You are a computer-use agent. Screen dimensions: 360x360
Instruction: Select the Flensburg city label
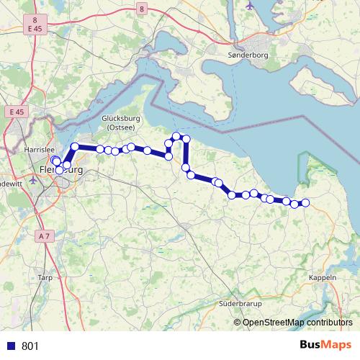coord(58,171)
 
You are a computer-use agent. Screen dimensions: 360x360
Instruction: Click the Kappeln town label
coord(322,277)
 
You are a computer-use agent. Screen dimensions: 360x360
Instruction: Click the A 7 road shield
coord(45,235)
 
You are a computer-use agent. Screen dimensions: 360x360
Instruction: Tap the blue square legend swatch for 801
coord(10,346)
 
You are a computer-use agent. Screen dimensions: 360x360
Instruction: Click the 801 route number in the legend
coord(31,346)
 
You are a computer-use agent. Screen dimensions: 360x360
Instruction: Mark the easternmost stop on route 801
coord(305,203)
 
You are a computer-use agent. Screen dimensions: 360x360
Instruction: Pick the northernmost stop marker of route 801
coord(176,135)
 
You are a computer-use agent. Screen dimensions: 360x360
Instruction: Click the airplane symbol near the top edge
coord(250,4)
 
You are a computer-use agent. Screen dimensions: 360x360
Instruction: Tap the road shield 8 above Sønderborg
coord(143,9)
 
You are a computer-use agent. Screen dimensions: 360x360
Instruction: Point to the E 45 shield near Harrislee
coord(17,112)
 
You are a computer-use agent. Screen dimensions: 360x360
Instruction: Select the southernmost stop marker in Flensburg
coord(59,171)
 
